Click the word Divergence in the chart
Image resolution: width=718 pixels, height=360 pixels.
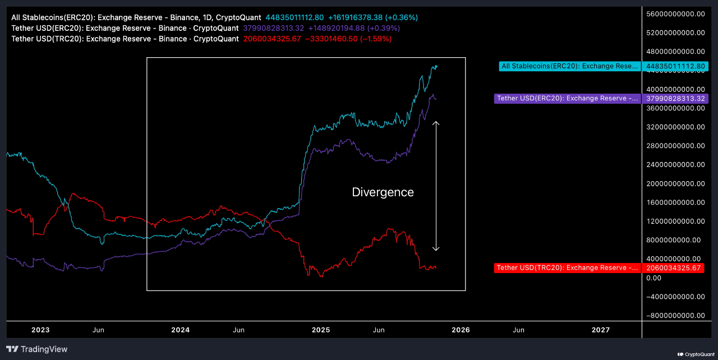tap(383, 192)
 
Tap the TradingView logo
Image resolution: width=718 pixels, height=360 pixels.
tap(37, 349)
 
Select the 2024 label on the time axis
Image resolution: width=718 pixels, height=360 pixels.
tap(180, 330)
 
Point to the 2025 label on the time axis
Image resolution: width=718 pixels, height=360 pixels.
tap(320, 330)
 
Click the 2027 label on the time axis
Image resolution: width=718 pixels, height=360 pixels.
tap(600, 330)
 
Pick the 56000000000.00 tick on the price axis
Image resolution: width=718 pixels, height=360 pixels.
tap(675, 14)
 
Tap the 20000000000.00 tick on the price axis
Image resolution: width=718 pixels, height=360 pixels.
tap(675, 183)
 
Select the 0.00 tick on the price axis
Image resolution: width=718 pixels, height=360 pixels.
tap(654, 278)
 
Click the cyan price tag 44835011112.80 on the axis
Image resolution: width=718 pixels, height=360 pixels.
tap(675, 66)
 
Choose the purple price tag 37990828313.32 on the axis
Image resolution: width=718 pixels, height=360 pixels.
tap(675, 99)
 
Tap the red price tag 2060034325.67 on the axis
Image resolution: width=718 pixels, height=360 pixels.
tap(675, 268)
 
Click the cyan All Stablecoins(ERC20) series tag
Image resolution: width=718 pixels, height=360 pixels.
tap(570, 66)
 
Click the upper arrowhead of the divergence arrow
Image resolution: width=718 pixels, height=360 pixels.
tap(436, 122)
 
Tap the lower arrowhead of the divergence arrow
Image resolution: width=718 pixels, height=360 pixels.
tap(436, 249)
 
